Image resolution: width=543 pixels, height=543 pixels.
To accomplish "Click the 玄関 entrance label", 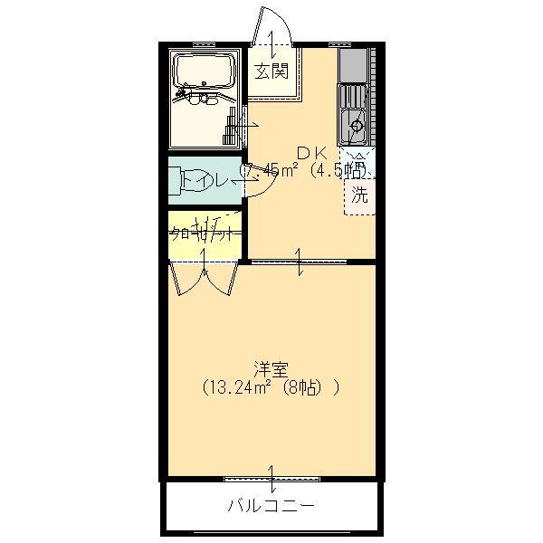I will tap(271, 71).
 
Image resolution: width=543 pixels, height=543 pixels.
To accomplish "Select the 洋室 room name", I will tap(271, 369).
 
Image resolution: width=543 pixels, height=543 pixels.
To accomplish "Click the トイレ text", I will tap(203, 181).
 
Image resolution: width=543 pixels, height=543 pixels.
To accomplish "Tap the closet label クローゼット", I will tap(205, 232).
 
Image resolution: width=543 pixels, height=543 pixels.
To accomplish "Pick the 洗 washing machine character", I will tap(360, 194).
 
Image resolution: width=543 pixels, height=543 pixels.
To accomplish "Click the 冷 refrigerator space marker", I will tap(359, 162).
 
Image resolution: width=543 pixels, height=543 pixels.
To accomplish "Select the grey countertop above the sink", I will tap(353, 65).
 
